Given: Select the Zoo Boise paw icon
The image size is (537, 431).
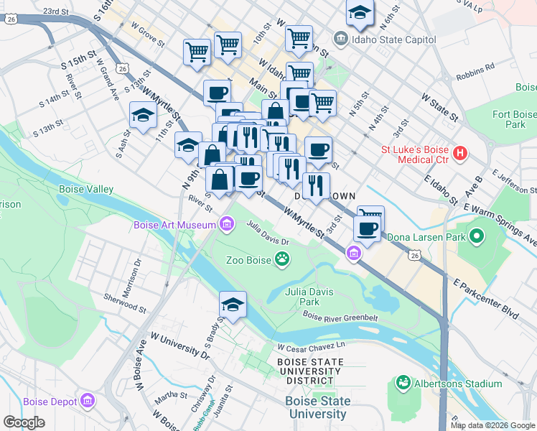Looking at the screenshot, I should point(284,259).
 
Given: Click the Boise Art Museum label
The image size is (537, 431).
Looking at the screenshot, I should point(174,226).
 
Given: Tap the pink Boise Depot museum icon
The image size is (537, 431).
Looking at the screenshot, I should point(88,400).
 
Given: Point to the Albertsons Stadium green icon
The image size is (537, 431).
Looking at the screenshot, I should point(403,384).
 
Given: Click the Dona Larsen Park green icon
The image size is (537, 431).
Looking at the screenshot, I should point(475,236).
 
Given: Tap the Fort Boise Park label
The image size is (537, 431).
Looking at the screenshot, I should point(514,119).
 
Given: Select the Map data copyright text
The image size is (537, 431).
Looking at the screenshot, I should point(492,425).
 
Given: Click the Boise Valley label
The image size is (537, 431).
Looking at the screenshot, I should point(85,189).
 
